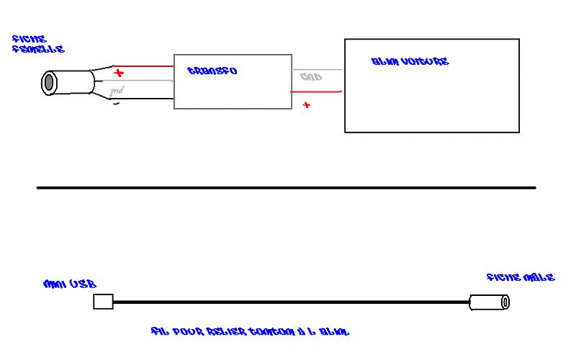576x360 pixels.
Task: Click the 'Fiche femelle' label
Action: (38, 44)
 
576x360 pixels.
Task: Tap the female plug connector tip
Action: (49, 82)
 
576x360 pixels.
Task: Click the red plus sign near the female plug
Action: (119, 73)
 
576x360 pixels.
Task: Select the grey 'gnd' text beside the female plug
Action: (116, 90)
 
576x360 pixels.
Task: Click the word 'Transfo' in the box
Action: (212, 71)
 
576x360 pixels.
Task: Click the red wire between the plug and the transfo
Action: (148, 67)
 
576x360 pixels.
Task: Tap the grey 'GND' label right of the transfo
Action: (310, 77)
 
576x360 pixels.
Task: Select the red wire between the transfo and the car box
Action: (317, 91)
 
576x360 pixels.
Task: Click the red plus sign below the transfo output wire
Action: (306, 105)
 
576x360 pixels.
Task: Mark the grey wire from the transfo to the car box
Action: (317, 70)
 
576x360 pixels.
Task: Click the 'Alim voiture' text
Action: (410, 62)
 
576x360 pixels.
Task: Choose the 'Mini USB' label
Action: (70, 284)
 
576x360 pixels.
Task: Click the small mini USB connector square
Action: (104, 302)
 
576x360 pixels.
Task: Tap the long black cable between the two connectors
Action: (288, 302)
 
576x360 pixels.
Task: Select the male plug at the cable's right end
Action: (489, 302)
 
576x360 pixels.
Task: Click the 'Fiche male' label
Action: (520, 277)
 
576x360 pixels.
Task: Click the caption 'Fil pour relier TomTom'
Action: (250, 332)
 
